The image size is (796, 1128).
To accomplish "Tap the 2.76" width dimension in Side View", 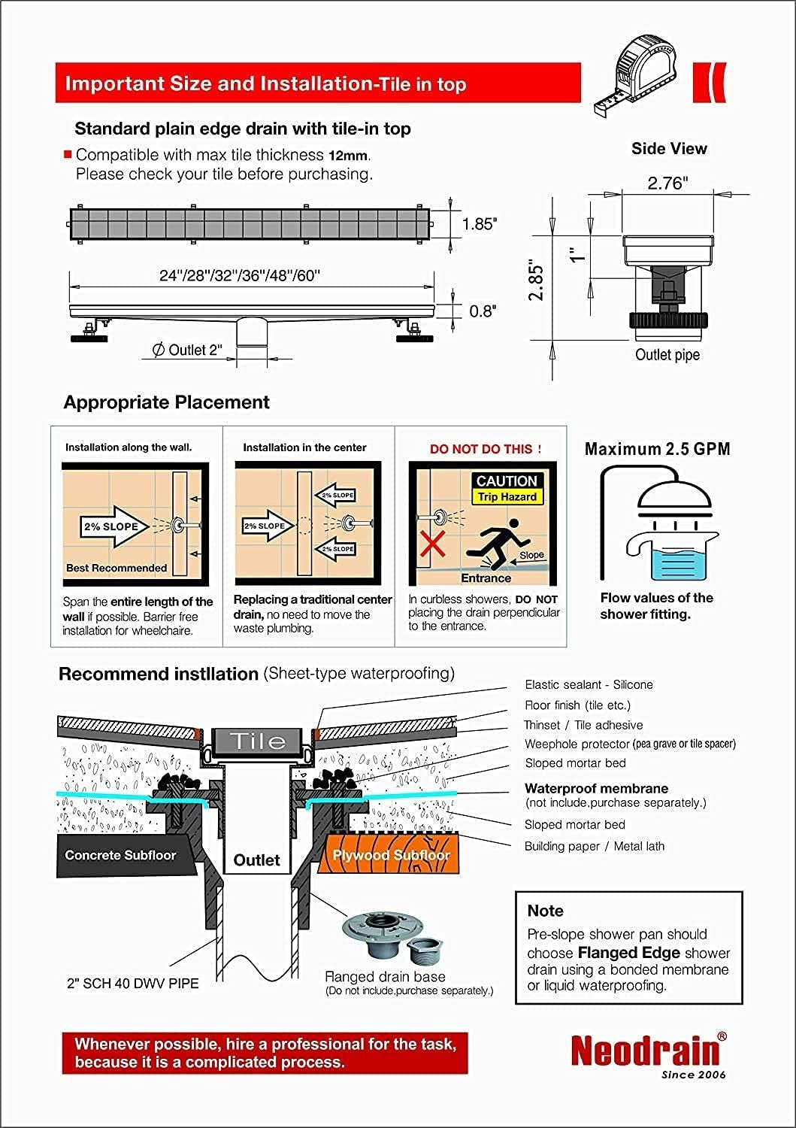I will (667, 183).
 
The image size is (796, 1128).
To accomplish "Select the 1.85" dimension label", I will (479, 224).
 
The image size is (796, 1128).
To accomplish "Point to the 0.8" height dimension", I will (482, 311).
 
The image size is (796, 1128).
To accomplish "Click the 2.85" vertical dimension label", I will (536, 281).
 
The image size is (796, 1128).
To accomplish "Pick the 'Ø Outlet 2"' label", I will (187, 350).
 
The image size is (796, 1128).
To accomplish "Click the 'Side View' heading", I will (669, 149).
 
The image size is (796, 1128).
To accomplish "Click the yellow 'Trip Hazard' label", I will (507, 497).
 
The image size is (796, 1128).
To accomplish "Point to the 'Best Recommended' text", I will (117, 568).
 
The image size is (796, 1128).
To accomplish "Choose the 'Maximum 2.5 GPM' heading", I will (657, 449).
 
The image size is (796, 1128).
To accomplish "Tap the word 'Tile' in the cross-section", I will (257, 741).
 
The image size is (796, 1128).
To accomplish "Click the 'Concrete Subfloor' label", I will (120, 855).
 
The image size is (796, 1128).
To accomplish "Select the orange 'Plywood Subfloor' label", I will (391, 855).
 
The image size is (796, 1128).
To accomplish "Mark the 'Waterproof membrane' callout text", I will (596, 789).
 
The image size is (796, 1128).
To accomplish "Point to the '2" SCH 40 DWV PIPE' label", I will (133, 983).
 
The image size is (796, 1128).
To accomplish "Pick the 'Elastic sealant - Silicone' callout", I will (589, 684).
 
